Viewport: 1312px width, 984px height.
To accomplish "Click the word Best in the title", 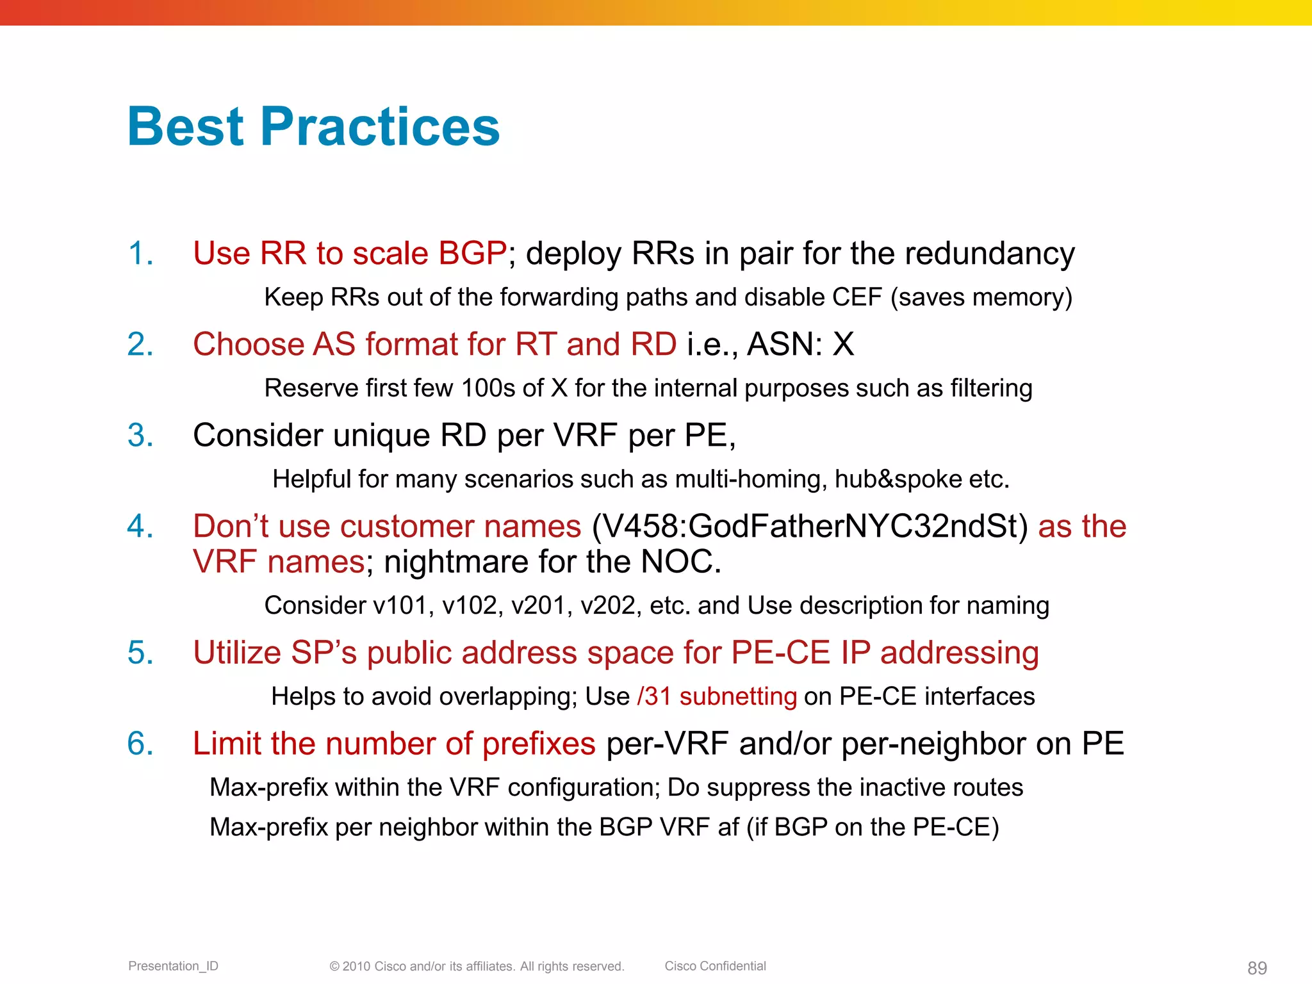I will pos(186,126).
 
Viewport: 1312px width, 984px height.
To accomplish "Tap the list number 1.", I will pos(140,253).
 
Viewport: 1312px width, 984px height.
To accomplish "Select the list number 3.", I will pos(140,435).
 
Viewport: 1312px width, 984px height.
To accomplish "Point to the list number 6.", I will pos(140,744).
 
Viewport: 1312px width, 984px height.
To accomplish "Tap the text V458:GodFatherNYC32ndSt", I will pos(809,527).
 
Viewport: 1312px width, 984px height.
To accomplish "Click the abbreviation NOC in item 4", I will pos(680,562).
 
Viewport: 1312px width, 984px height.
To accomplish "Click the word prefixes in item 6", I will pos(539,744).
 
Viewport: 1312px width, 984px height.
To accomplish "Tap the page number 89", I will pos(1257,968).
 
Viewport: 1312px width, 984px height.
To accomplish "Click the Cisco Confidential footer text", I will pos(715,966).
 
